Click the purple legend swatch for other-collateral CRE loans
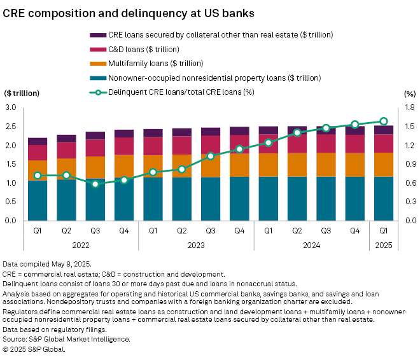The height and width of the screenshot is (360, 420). [x=98, y=34]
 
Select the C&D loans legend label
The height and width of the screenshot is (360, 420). [x=144, y=49]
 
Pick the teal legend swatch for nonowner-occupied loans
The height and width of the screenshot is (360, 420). [x=98, y=78]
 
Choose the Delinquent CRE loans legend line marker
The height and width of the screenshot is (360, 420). [x=98, y=92]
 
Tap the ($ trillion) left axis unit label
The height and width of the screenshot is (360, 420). [x=22, y=93]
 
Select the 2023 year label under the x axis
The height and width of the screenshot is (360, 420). [x=196, y=245]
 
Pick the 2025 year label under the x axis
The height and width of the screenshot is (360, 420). [x=384, y=245]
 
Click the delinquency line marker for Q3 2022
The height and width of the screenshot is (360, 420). [x=95, y=184]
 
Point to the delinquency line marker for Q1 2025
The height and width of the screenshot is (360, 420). [x=384, y=121]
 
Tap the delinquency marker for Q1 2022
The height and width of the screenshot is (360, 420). [x=38, y=175]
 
